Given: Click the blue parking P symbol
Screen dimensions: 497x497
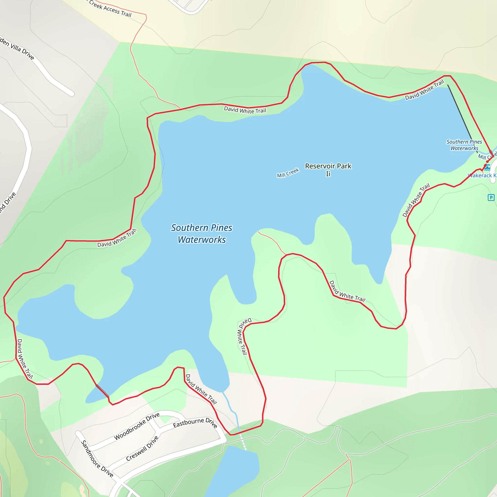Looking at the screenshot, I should click(x=491, y=198).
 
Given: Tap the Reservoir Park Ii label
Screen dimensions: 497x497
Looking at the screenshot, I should click(x=328, y=170).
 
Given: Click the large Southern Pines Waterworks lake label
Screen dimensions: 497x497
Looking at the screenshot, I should click(x=202, y=234).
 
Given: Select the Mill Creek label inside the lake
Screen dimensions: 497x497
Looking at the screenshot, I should click(x=288, y=173).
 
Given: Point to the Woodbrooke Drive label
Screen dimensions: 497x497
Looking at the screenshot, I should click(x=137, y=426).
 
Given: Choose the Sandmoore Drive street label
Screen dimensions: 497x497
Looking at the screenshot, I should click(x=97, y=459).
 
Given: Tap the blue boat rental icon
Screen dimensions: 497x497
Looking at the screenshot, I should click(x=487, y=167).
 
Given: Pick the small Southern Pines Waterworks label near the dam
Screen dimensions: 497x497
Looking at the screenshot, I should click(x=464, y=145).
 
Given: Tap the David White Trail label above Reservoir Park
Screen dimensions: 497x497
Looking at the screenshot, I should click(x=245, y=110).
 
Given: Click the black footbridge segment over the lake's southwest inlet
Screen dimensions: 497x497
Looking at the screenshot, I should click(x=102, y=390).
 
